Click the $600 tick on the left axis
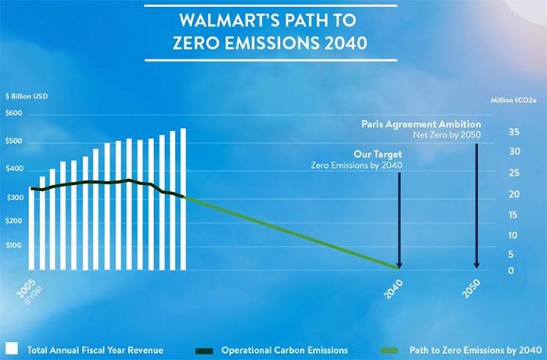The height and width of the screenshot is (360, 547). [x=15, y=113]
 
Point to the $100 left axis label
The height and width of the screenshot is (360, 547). [x=15, y=245]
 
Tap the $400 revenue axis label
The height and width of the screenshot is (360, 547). [x=15, y=169]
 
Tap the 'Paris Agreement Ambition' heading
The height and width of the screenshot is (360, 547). [x=421, y=123]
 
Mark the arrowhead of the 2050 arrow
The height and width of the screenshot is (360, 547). [x=476, y=266]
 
